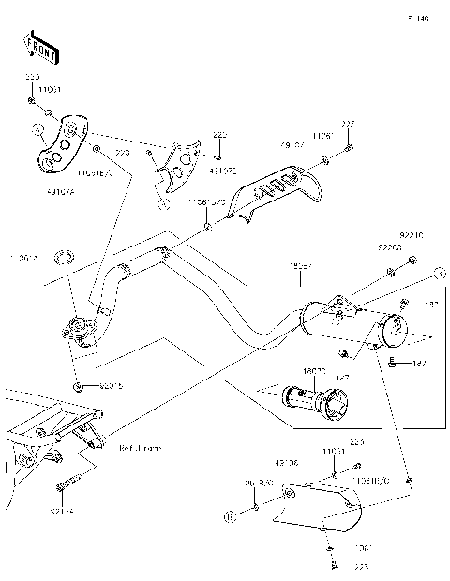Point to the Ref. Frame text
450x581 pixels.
coord(141,448)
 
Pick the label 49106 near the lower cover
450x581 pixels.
coord(286,461)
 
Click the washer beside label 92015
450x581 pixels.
coord(77,385)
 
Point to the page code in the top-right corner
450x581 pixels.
coord(417,18)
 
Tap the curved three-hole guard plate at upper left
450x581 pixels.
coord(58,144)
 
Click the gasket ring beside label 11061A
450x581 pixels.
coord(64,257)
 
